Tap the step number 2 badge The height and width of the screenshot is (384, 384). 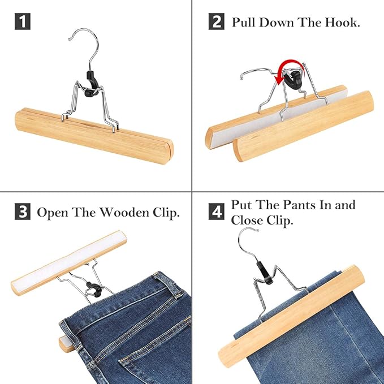coord(217,23)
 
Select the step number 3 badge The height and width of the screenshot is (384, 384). coord(21,213)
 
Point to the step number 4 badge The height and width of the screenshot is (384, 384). coord(217,212)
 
